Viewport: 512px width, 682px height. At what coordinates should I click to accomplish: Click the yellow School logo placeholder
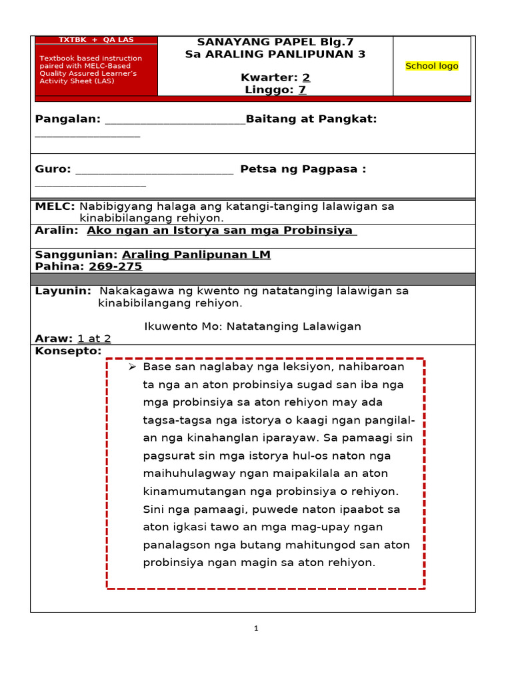pyautogui.click(x=431, y=66)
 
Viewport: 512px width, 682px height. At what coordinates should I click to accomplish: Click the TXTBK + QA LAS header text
pyautogui.click(x=96, y=40)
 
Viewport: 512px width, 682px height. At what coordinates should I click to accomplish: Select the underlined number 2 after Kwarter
pyautogui.click(x=306, y=77)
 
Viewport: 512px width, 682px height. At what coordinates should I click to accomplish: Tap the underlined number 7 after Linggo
pyautogui.click(x=302, y=90)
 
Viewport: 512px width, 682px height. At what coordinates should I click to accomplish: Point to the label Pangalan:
pyautogui.click(x=68, y=119)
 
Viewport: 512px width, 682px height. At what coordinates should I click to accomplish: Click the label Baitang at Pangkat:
pyautogui.click(x=311, y=119)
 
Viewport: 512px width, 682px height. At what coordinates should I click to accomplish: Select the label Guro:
pyautogui.click(x=53, y=170)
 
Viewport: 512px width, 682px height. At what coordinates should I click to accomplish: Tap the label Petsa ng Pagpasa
pyautogui.click(x=303, y=170)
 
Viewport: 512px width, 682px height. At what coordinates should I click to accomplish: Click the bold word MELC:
pyautogui.click(x=55, y=206)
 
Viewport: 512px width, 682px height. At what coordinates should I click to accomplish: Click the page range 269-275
pyautogui.click(x=115, y=266)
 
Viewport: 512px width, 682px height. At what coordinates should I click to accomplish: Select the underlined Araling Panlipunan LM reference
pyautogui.click(x=196, y=254)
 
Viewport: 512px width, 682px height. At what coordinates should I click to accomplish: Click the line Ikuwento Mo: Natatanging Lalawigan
pyautogui.click(x=253, y=326)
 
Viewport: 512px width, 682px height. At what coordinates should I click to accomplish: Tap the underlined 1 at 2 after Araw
pyautogui.click(x=94, y=338)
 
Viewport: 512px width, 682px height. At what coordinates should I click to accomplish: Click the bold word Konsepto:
pyautogui.click(x=68, y=351)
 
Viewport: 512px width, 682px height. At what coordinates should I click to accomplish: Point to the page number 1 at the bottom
pyautogui.click(x=256, y=628)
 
